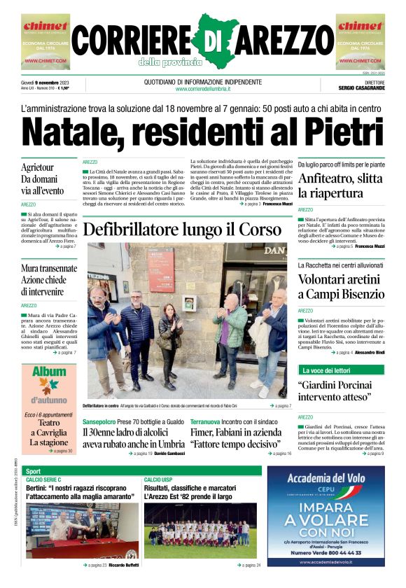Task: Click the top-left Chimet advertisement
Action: [45, 42]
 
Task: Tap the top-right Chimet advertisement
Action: [360, 42]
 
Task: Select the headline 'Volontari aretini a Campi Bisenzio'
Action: [340, 288]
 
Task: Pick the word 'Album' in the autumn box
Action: [49, 372]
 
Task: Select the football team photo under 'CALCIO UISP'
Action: [200, 531]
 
